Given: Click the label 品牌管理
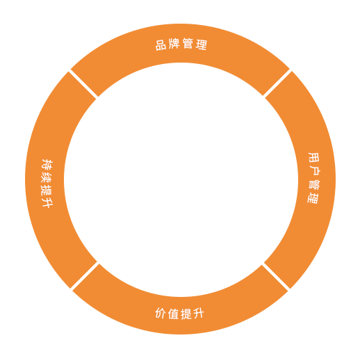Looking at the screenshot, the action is (x=181, y=44).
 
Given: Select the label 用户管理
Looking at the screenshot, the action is (x=313, y=178).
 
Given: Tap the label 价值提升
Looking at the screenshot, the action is (x=179, y=314).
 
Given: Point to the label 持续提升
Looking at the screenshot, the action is (x=47, y=183).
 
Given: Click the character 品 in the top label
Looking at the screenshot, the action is (x=161, y=45).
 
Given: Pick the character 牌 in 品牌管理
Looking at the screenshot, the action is (x=174, y=44).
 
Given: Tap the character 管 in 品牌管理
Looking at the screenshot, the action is (x=188, y=43).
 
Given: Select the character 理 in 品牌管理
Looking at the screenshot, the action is (x=202, y=45).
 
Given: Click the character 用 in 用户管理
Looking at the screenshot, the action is (x=314, y=158).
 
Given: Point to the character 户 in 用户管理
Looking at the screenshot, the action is (x=314, y=171).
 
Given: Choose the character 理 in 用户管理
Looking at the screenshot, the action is (x=313, y=198).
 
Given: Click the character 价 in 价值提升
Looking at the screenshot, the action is (x=161, y=313).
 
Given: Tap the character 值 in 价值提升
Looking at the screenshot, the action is (x=173, y=314).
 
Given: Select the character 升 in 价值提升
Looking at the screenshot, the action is (x=199, y=314).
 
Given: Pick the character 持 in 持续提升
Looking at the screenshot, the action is (x=47, y=164).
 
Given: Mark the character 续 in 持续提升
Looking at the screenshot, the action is (x=47, y=177).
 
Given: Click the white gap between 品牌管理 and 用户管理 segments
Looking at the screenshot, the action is (x=277, y=83).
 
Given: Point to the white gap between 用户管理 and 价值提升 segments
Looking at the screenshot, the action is (x=276, y=277).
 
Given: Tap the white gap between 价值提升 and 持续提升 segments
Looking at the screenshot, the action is (x=85, y=277).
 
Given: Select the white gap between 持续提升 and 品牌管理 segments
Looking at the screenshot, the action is (x=83, y=83).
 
